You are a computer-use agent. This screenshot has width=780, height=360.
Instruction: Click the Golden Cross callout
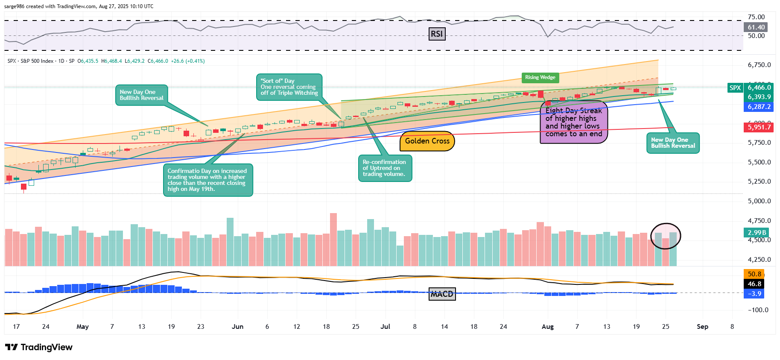(427, 141)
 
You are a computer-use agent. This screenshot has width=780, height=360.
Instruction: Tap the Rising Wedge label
(540, 77)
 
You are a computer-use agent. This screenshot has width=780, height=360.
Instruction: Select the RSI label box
(437, 34)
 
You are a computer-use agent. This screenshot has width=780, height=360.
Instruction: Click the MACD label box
(442, 294)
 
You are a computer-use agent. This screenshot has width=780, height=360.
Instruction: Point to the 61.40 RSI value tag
(756, 27)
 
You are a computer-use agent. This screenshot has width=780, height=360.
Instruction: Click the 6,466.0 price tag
(759, 88)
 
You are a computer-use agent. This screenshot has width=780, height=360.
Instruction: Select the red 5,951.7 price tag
(759, 127)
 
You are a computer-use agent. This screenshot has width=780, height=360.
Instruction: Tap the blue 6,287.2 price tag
(759, 107)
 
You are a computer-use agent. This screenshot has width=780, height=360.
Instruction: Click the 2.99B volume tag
(757, 233)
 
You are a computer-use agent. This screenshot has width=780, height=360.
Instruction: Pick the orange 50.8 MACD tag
(754, 274)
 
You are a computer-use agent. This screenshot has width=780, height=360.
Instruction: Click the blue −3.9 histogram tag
(754, 294)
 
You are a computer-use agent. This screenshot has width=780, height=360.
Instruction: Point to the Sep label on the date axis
(702, 327)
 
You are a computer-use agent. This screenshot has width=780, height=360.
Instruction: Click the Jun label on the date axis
(237, 327)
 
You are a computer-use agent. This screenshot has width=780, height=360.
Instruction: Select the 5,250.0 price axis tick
(759, 181)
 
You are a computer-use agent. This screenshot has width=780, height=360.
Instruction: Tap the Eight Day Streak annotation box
(573, 122)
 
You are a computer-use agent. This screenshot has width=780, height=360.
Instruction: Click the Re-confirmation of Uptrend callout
(385, 168)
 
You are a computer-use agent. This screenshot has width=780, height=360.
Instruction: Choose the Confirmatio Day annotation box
(207, 180)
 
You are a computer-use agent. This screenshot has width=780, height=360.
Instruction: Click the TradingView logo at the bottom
(39, 347)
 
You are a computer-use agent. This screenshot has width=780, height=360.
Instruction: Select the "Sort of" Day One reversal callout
(289, 87)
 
